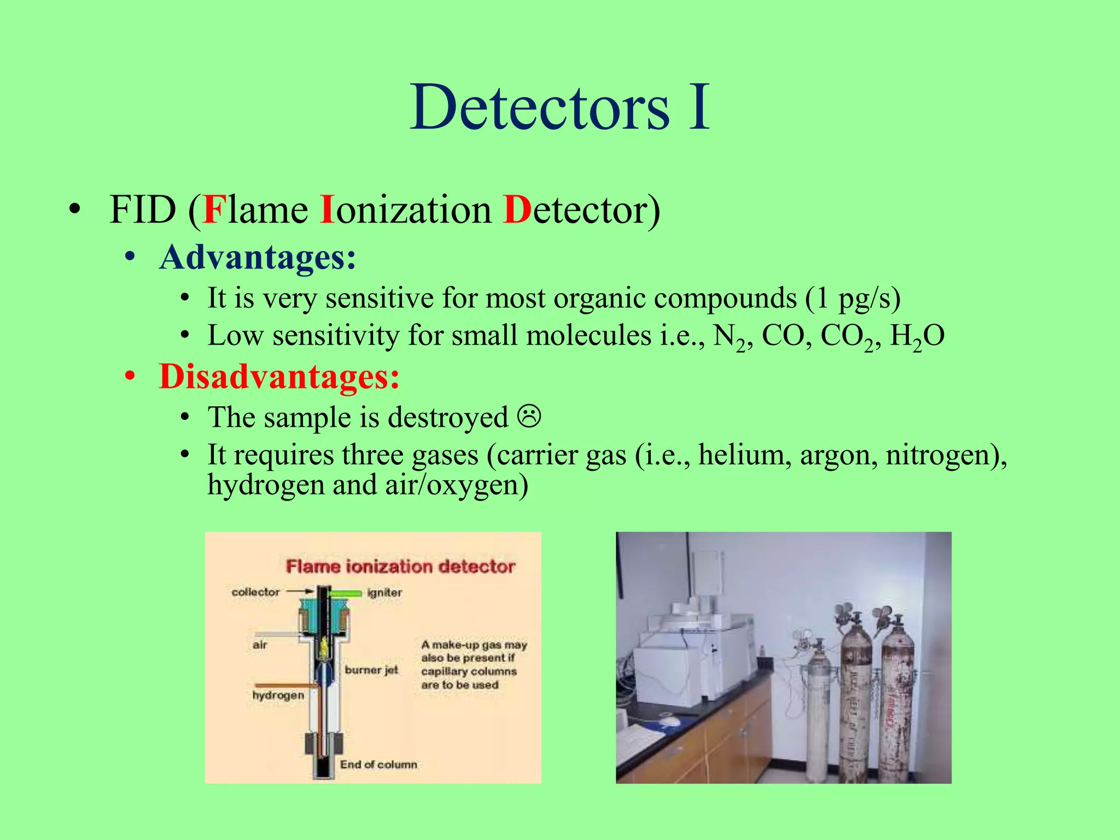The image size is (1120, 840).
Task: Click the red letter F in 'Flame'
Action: [x=214, y=209]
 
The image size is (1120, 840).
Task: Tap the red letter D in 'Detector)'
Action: [x=517, y=209]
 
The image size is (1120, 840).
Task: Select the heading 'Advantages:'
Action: [x=258, y=257]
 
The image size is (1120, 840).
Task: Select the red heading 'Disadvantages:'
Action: [x=279, y=377]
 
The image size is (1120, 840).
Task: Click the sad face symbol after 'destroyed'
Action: [x=529, y=417]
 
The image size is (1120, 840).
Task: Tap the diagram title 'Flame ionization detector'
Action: [x=400, y=567]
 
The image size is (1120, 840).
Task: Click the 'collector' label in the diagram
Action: [x=255, y=592]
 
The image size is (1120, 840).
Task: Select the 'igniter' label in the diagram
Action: [x=384, y=593]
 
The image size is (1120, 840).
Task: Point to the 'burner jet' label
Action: [x=371, y=670]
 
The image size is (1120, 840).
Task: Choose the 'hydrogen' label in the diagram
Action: [x=278, y=696]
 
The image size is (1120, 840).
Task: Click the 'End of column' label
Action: [x=378, y=765]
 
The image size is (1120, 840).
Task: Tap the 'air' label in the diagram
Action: [x=260, y=645]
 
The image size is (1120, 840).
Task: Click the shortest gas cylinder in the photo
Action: [x=819, y=716]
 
